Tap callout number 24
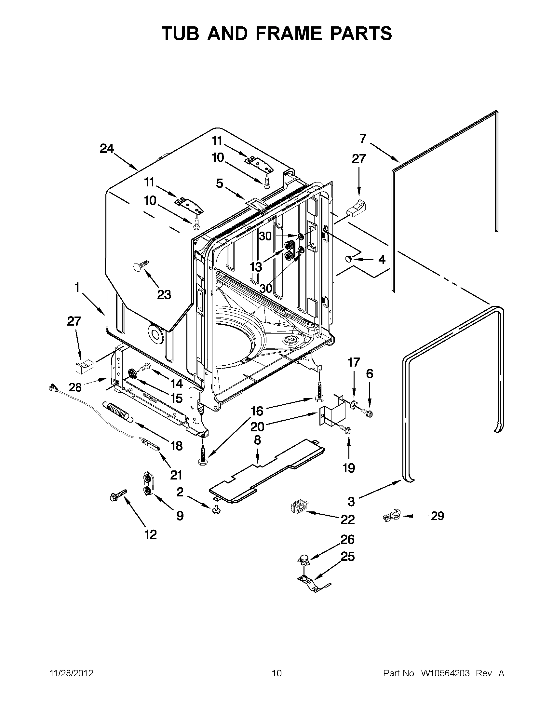[107, 149]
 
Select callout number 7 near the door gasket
[363, 139]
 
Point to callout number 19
[349, 468]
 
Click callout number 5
[219, 183]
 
